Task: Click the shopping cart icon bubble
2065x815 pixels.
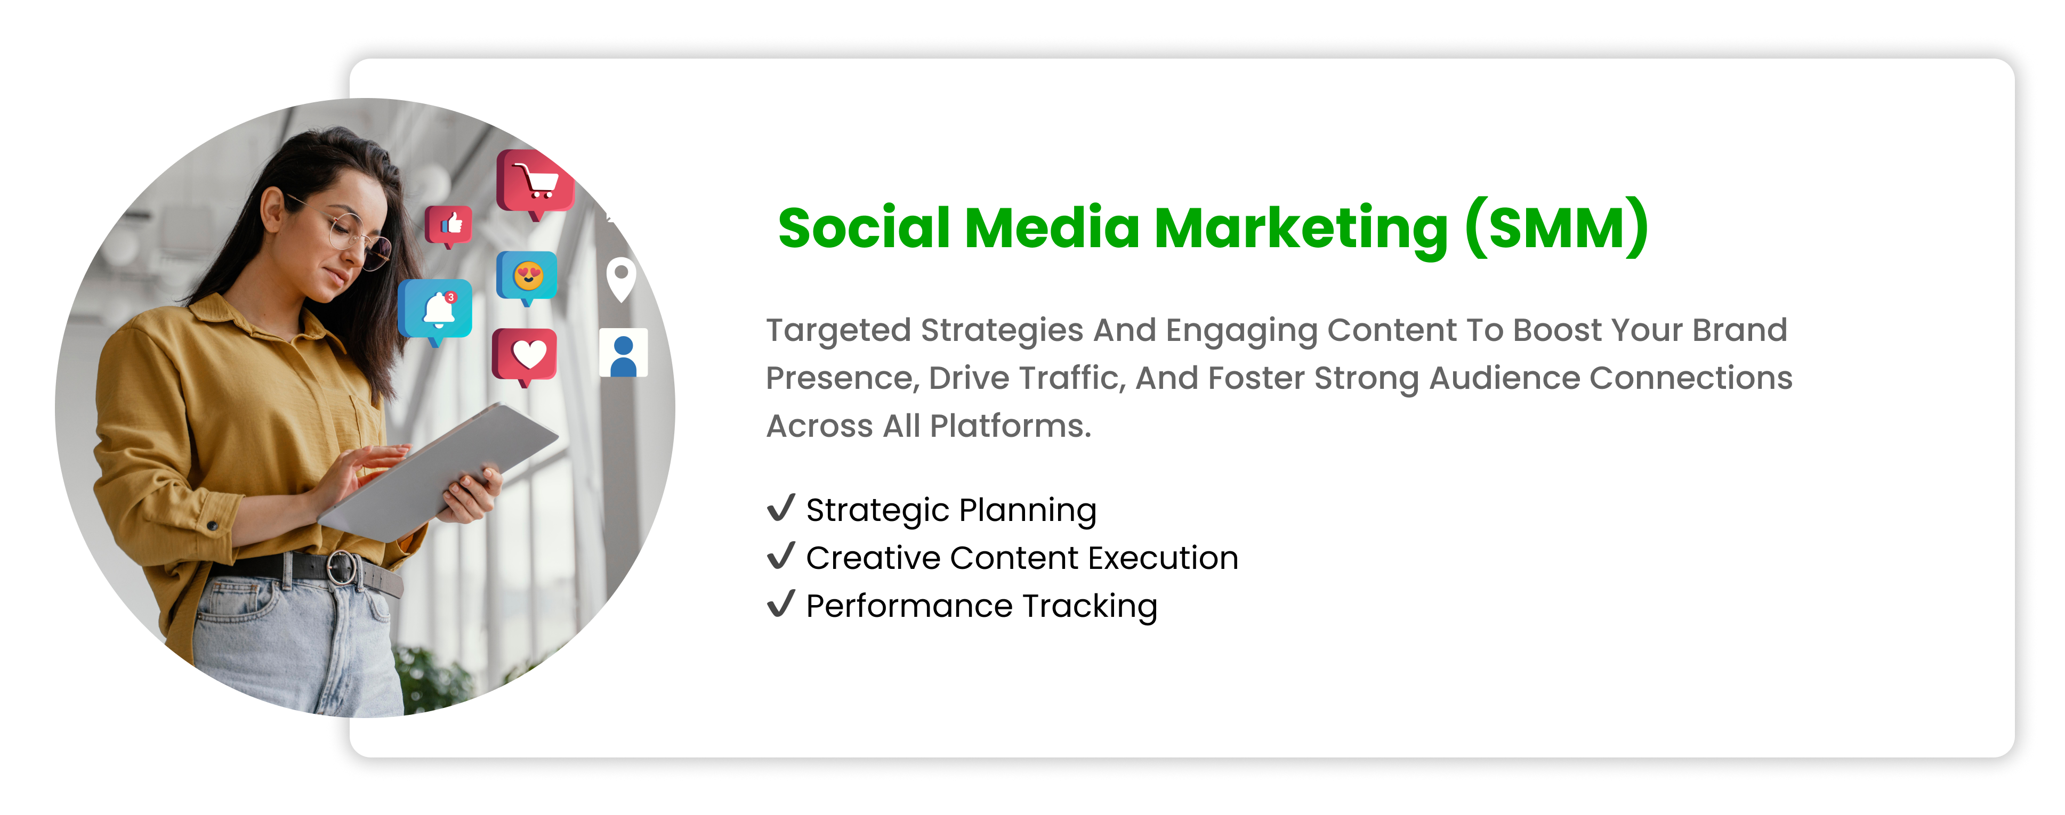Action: (535, 183)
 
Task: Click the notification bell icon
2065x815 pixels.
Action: (435, 310)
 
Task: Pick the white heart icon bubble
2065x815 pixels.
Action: (525, 356)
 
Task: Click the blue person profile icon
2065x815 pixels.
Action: (624, 353)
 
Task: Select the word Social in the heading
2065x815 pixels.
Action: (864, 227)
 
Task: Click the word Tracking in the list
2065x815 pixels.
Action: (1090, 607)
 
